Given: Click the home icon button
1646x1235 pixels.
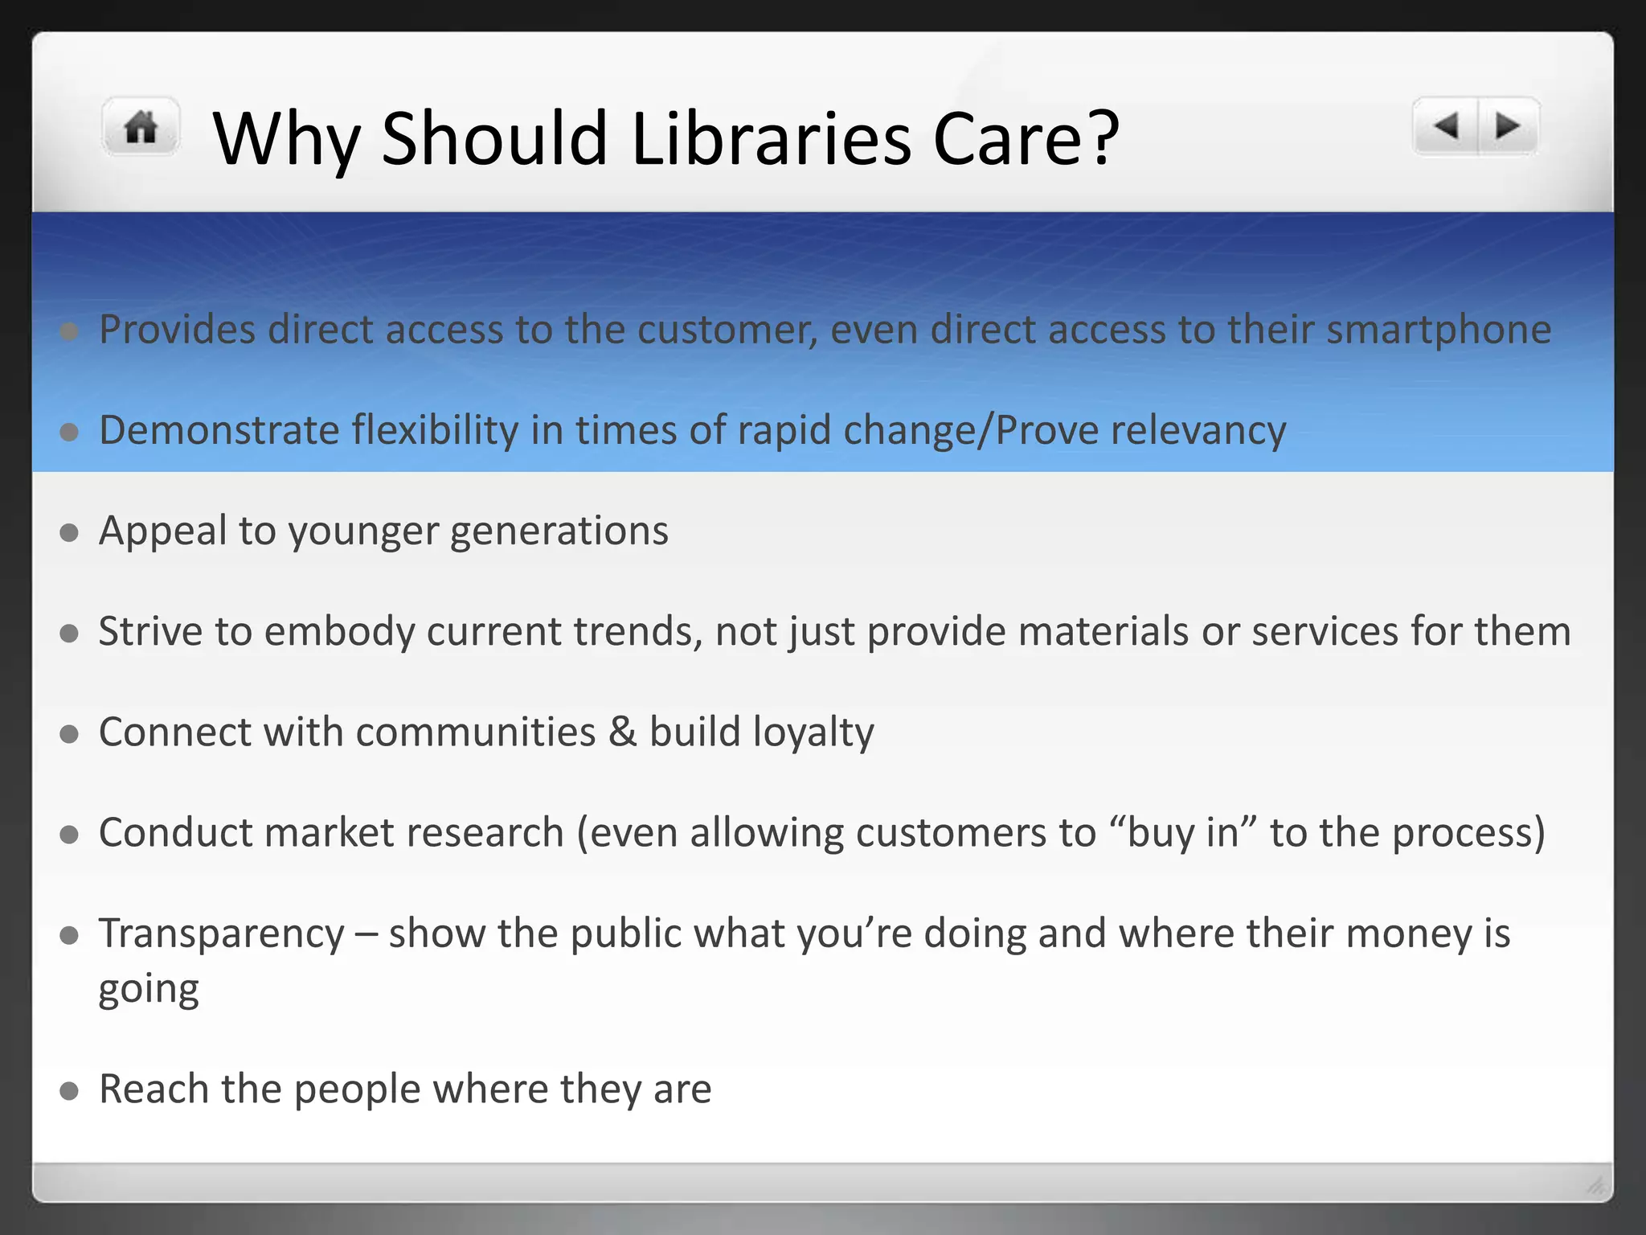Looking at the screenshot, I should point(141,127).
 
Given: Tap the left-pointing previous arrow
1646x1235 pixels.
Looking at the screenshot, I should point(1446,126).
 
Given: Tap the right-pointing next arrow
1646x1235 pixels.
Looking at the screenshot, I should point(1508,126).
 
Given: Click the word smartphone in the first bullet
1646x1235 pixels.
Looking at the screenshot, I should point(1438,330).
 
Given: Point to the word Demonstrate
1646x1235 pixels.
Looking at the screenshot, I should point(219,430).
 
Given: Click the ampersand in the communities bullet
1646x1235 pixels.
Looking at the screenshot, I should point(622,732).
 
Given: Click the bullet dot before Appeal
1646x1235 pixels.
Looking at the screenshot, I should point(69,532).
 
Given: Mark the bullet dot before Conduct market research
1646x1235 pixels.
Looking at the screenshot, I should point(69,835).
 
